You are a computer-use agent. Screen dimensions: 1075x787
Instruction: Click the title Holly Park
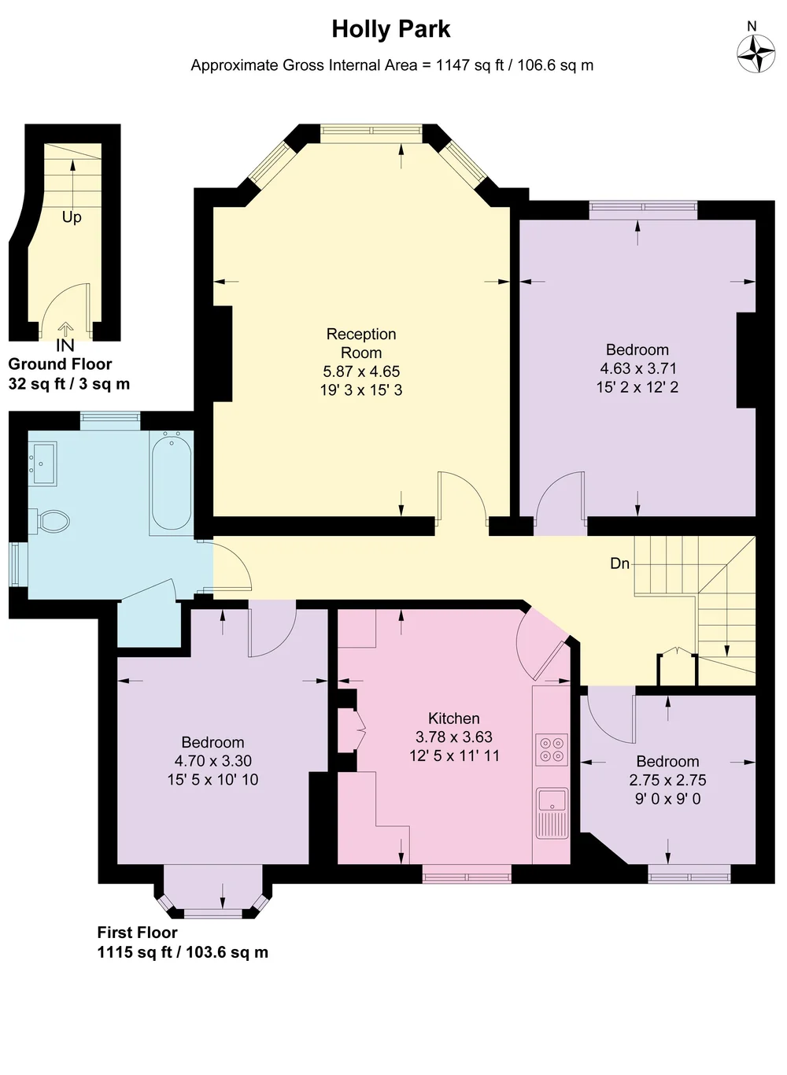(x=391, y=29)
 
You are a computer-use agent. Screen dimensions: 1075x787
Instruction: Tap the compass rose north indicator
(x=756, y=54)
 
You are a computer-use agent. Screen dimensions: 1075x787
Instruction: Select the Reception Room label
(x=361, y=343)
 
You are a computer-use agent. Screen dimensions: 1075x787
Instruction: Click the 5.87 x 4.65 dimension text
(x=361, y=371)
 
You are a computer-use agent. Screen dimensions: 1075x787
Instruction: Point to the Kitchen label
(x=453, y=719)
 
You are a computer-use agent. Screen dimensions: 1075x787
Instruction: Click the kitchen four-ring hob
(x=552, y=750)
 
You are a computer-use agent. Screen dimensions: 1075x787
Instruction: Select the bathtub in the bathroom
(x=171, y=482)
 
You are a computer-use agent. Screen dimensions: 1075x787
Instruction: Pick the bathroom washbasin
(x=43, y=463)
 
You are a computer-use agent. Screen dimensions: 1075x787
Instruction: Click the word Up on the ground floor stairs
(x=72, y=217)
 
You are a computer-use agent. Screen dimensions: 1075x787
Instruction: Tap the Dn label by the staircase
(x=620, y=563)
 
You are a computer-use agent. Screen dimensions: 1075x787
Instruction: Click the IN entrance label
(x=65, y=345)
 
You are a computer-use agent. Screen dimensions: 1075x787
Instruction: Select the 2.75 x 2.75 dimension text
(x=667, y=781)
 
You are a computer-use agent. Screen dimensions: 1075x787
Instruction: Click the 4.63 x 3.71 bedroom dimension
(x=637, y=368)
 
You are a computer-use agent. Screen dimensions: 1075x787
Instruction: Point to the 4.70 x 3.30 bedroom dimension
(x=212, y=761)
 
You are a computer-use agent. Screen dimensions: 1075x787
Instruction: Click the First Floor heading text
(x=137, y=933)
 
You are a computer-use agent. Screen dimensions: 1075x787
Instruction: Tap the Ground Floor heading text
(x=60, y=364)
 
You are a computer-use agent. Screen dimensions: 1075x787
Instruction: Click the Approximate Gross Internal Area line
(x=392, y=65)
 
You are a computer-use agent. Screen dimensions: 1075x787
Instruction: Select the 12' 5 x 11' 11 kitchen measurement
(x=454, y=756)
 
